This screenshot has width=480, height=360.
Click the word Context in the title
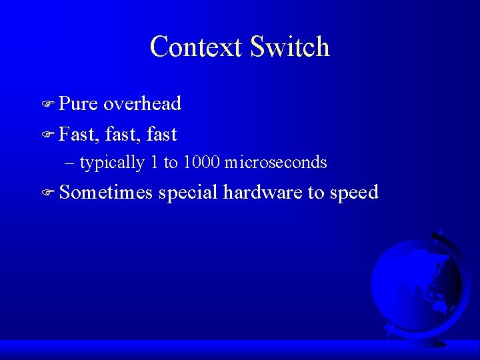coord(196,47)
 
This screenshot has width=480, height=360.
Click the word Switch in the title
coord(290,47)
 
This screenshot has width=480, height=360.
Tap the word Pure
coord(78,104)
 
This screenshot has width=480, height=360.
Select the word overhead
coord(143,104)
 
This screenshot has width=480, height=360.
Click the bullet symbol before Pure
coord(47,105)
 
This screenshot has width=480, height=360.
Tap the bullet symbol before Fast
coord(47,135)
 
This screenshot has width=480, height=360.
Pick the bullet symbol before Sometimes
coord(47,194)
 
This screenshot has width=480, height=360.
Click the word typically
coord(112,163)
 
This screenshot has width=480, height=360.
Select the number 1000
coord(201,162)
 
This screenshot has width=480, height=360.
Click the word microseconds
coord(276,162)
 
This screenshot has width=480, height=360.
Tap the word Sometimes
coord(106,193)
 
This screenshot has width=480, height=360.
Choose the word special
coord(188,193)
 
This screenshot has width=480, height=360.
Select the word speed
coord(354,193)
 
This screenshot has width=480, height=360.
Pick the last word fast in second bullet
coord(161,135)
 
